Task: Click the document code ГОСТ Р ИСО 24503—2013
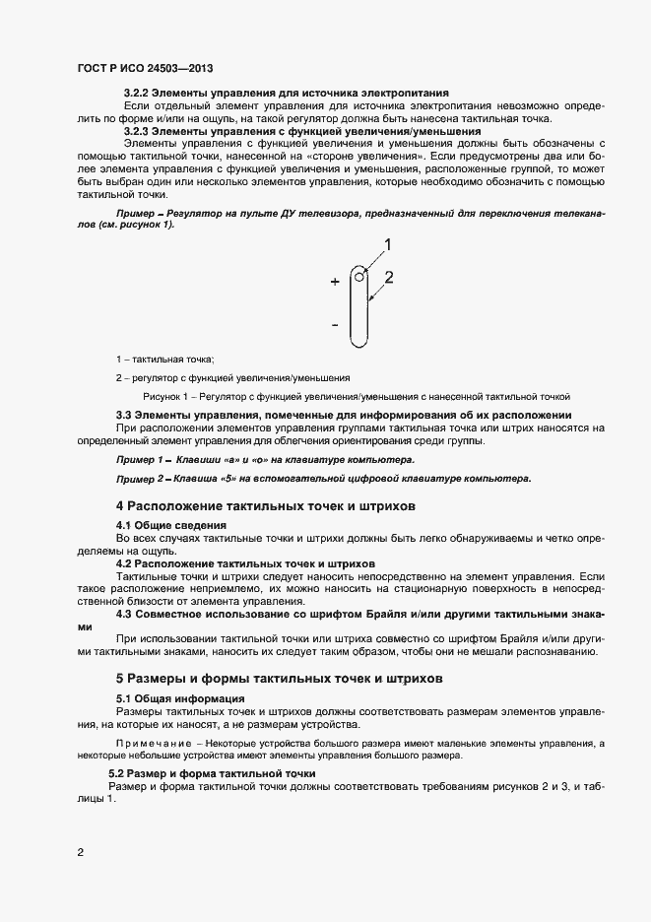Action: point(145,69)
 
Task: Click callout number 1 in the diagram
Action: point(387,243)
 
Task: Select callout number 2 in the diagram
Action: point(388,278)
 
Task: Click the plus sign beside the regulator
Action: point(335,282)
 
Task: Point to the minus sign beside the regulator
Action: point(335,324)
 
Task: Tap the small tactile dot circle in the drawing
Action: point(360,277)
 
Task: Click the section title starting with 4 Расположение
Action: point(266,505)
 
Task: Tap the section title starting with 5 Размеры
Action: point(280,679)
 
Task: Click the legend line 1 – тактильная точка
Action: point(164,359)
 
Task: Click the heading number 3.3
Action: point(124,414)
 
